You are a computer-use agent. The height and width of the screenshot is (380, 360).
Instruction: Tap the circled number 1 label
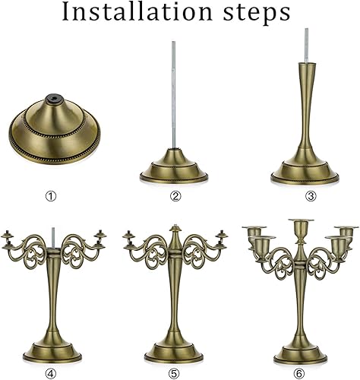pyautogui.click(x=51, y=197)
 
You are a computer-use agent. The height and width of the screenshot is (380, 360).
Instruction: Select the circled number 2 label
pyautogui.click(x=175, y=197)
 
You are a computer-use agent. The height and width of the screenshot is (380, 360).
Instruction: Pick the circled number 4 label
pyautogui.click(x=51, y=372)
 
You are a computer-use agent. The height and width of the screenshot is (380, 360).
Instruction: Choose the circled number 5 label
pyautogui.click(x=175, y=372)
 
